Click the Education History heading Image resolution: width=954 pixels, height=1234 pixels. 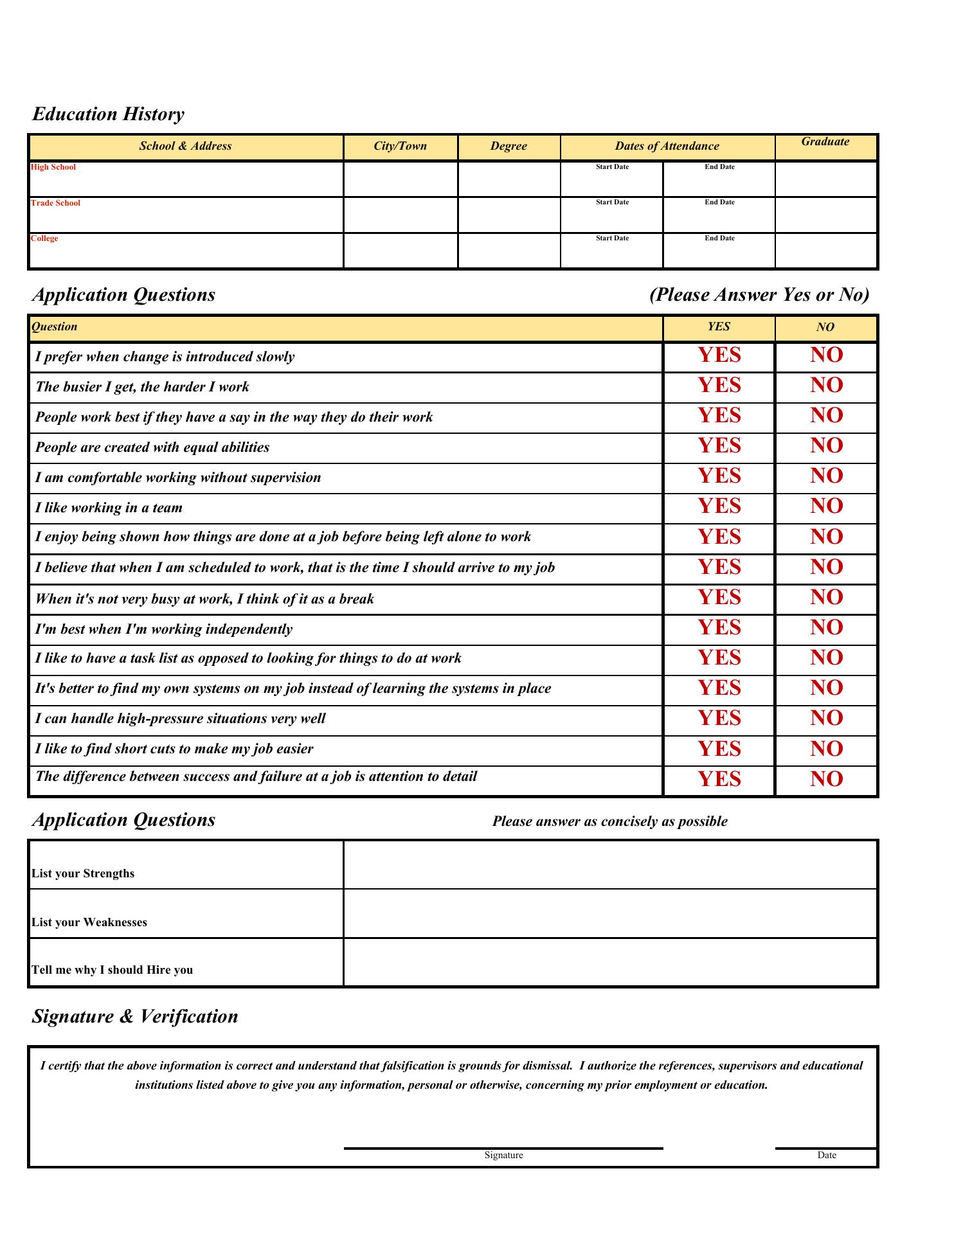click(108, 114)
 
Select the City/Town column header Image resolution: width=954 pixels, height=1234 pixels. click(400, 146)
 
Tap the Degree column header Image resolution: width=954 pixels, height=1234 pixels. click(509, 146)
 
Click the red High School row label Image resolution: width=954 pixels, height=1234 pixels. click(53, 167)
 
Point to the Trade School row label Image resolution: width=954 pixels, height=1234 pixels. click(56, 203)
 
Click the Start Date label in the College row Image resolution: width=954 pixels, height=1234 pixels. click(612, 238)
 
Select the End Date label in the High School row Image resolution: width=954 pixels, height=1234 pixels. click(719, 167)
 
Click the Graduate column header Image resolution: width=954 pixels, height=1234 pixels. click(825, 142)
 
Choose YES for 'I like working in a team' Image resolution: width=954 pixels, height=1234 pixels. click(719, 506)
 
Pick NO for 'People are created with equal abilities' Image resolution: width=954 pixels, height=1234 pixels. click(826, 446)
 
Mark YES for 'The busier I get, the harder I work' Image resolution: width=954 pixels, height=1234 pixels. click(719, 386)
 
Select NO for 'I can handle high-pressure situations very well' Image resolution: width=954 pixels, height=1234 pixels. click(826, 719)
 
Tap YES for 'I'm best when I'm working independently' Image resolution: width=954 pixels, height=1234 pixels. click(719, 628)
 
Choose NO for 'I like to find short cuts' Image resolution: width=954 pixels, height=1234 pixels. click(826, 749)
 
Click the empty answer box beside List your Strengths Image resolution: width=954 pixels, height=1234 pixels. click(610, 865)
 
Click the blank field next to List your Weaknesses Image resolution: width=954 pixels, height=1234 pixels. click(610, 914)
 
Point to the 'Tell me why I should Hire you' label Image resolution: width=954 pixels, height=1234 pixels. click(113, 970)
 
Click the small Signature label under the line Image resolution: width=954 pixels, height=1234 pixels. click(503, 1156)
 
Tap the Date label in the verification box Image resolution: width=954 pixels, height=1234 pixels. click(827, 1156)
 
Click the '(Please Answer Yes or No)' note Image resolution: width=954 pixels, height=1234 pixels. click(759, 295)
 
